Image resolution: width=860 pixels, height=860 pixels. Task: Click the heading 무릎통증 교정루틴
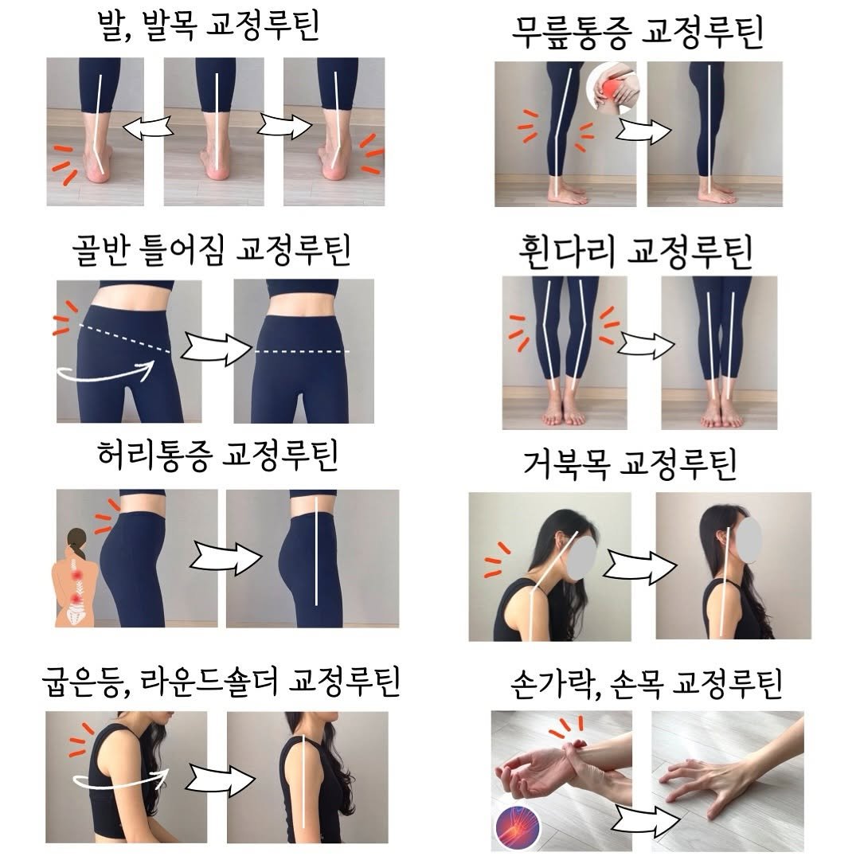click(637, 32)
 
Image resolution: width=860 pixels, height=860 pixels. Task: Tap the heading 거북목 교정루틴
click(630, 464)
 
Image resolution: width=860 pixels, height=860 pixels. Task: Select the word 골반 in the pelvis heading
click(101, 250)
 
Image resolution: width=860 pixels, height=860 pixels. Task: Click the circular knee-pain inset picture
click(611, 88)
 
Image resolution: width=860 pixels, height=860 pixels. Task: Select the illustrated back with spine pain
click(76, 577)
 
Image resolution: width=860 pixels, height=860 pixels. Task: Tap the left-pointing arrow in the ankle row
click(147, 127)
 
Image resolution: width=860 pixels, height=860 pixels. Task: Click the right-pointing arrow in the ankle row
click(284, 126)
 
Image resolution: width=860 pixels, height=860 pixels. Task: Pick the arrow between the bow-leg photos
click(646, 345)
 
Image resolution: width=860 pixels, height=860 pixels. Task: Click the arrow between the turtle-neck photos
click(639, 567)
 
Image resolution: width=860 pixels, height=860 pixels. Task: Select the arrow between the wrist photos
click(646, 819)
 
